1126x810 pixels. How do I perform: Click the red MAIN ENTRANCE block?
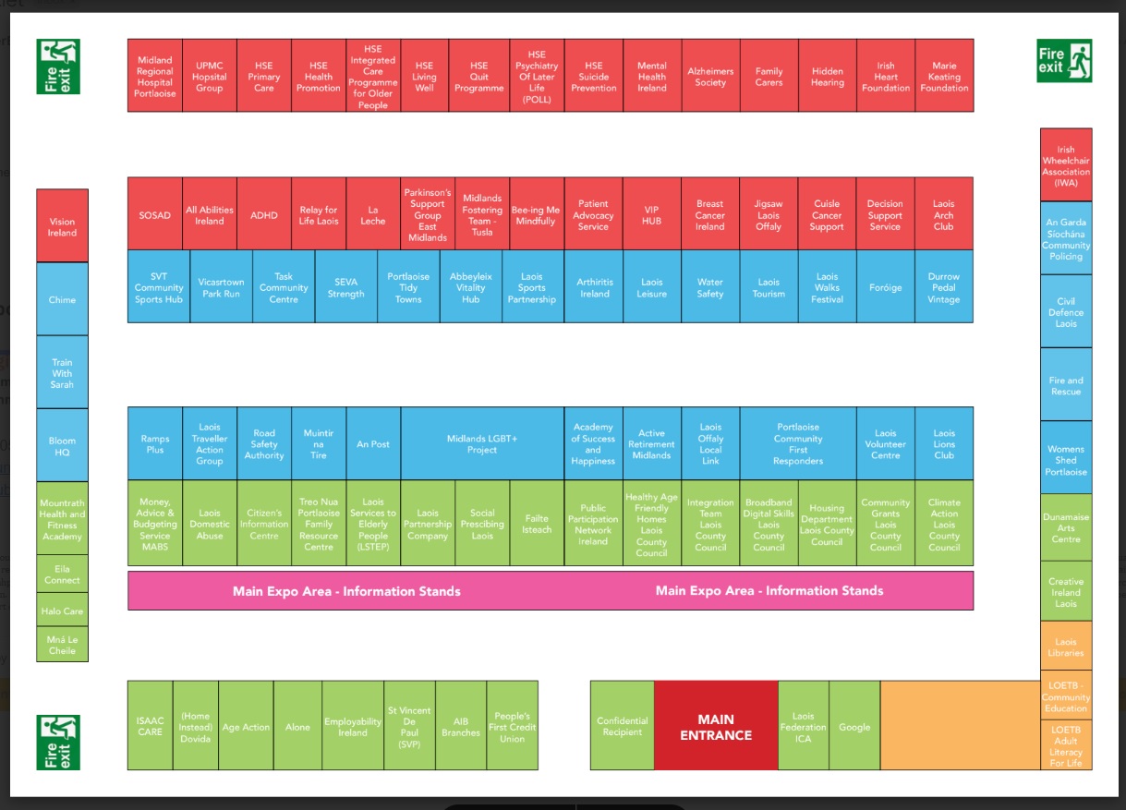pyautogui.click(x=716, y=726)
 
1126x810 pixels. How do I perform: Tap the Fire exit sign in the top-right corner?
pyautogui.click(x=1064, y=61)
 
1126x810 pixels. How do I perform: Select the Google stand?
pyautogui.click(x=854, y=726)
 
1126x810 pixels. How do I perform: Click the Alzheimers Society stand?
pyautogui.click(x=710, y=76)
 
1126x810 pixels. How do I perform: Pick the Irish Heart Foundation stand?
pyautogui.click(x=885, y=76)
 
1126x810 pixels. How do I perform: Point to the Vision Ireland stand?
pyautogui.click(x=63, y=226)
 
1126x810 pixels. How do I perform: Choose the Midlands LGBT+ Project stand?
pyautogui.click(x=482, y=444)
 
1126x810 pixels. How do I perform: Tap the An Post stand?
pyautogui.click(x=373, y=444)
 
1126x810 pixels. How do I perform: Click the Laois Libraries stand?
pyautogui.click(x=1066, y=647)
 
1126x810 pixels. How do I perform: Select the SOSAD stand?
pyautogui.click(x=155, y=214)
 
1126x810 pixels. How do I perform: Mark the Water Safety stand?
pyautogui.click(x=710, y=287)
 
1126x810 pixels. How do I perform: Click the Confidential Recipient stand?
pyautogui.click(x=623, y=726)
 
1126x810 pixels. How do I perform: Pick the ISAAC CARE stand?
pyautogui.click(x=150, y=726)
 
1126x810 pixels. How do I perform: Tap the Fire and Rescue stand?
pyautogui.click(x=1066, y=385)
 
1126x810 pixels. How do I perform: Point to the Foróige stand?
pyautogui.click(x=885, y=287)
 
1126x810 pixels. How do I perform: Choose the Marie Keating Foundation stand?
pyautogui.click(x=944, y=76)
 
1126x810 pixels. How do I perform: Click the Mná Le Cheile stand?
pyautogui.click(x=63, y=645)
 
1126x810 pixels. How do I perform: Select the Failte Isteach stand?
pyautogui.click(x=537, y=524)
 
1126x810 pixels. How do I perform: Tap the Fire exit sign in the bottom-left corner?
pyautogui.click(x=58, y=742)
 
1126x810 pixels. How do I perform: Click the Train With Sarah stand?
pyautogui.click(x=63, y=373)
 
